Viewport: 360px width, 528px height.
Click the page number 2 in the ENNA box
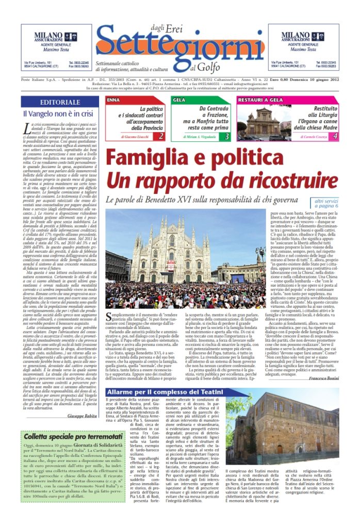click(161, 136)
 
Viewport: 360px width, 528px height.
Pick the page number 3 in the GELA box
click(227, 136)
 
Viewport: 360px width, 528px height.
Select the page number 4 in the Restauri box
click(335, 136)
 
